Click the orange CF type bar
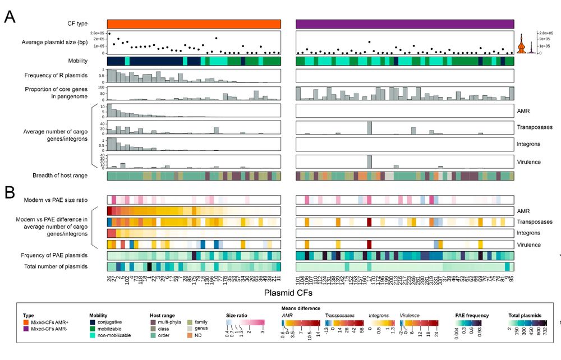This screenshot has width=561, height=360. [194, 24]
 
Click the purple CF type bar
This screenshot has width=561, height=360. [404, 24]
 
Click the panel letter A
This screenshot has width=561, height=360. [10, 17]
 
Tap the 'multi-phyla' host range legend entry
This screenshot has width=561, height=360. [170, 323]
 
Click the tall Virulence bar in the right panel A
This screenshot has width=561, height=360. [369, 161]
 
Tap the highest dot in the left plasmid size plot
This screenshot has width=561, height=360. [109, 34]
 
